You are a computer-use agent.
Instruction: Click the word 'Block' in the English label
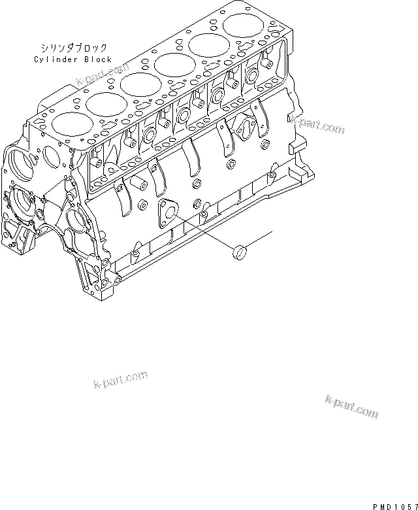click(98, 59)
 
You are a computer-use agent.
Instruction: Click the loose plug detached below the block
click(241, 251)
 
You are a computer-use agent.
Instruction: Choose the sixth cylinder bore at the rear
click(242, 27)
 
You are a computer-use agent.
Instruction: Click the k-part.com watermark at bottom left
click(121, 379)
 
